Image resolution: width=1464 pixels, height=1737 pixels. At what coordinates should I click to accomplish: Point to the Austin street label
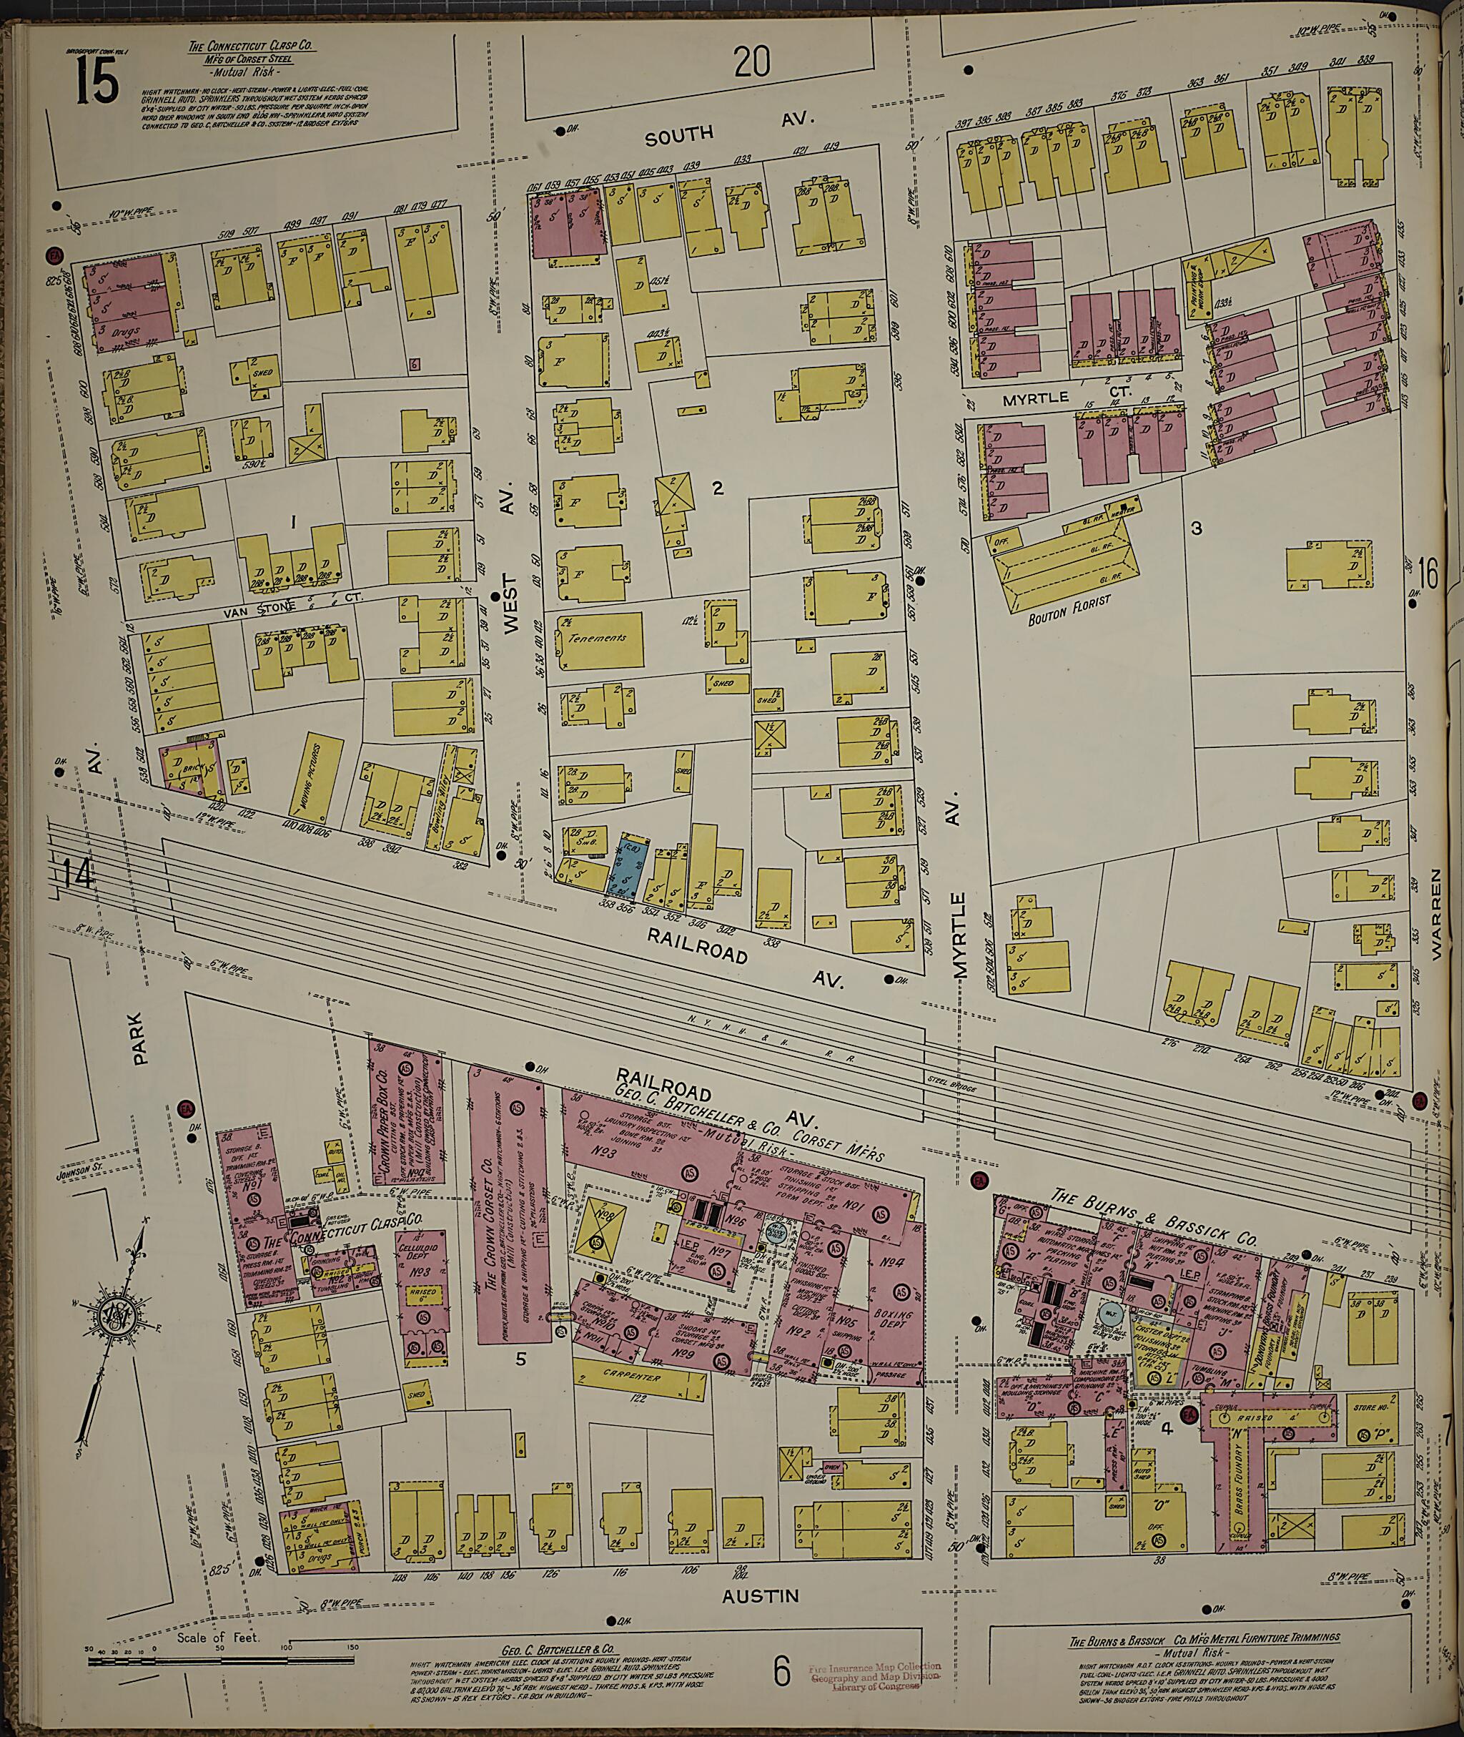(760, 1595)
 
